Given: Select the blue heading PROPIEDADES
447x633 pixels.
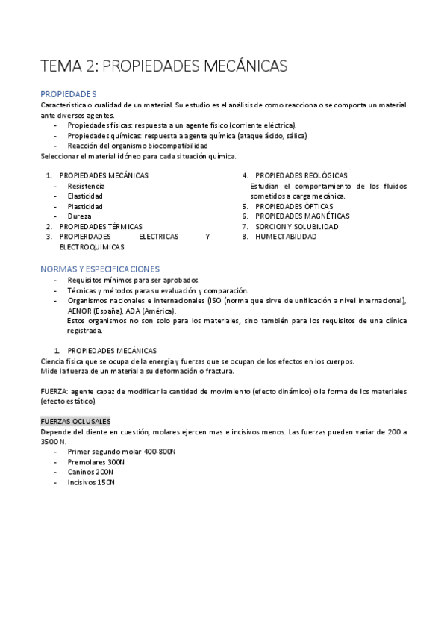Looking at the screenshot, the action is coord(69,94).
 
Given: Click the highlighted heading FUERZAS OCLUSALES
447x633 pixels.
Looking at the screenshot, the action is coord(75,421).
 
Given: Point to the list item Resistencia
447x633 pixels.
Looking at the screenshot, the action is coord(86,186).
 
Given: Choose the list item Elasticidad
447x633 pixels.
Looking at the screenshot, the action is coord(85,196).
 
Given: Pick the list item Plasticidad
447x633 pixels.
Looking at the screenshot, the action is coord(85,206).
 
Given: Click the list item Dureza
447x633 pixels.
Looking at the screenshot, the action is coord(78,216).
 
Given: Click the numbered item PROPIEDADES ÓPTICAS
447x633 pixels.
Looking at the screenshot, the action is coord(294,206).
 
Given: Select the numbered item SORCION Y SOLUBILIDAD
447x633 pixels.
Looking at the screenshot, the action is coord(297,226).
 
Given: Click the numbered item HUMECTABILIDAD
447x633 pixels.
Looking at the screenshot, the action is coord(286,236).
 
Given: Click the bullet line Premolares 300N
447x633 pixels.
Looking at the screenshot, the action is coord(96,462).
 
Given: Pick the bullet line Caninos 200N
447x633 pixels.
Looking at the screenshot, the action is coord(90,472).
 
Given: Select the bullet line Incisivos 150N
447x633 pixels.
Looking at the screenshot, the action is coord(91,482).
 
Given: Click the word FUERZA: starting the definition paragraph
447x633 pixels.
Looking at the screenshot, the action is coord(54,391).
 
